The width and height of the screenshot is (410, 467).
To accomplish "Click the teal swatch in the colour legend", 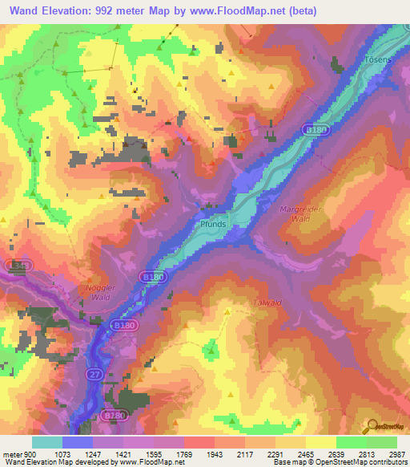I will [x=46, y=442].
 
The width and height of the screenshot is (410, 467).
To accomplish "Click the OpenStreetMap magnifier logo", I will [x=373, y=428].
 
